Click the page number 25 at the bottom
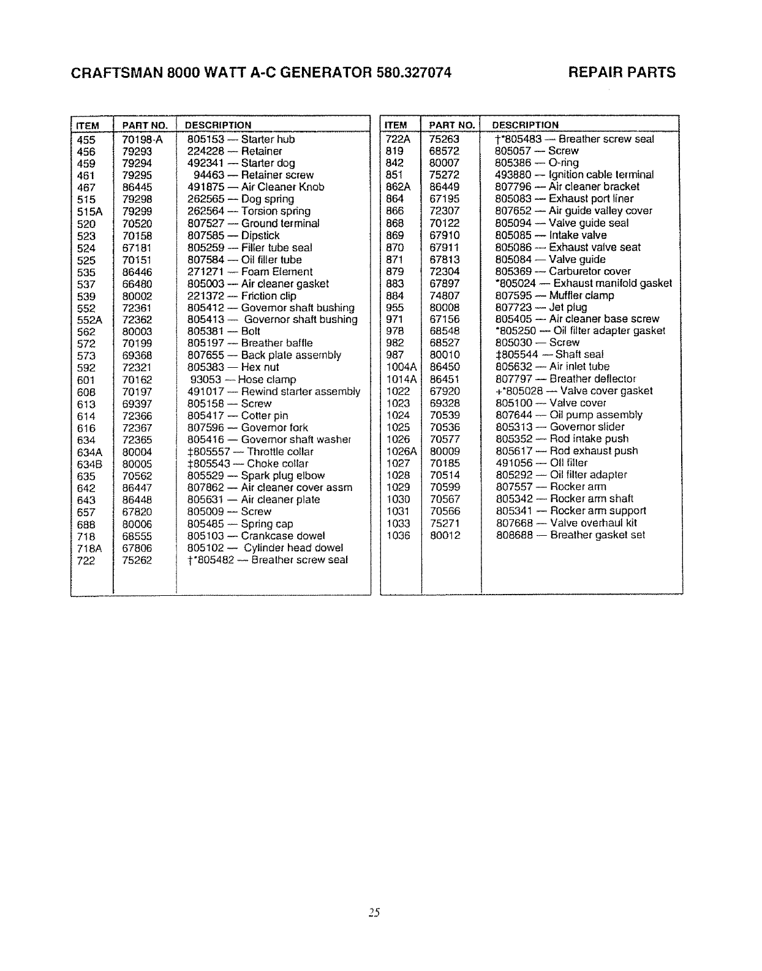coord(375,913)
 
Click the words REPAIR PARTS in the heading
coord(622,73)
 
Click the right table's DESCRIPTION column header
coord(526,125)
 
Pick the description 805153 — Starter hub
coord(241,139)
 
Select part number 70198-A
coord(142,139)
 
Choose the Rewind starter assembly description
coord(274,392)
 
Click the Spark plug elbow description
coord(256,476)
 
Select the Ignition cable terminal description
coord(574,175)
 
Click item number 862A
coord(398,187)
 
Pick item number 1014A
coord(401,379)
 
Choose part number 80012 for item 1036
coord(445,535)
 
